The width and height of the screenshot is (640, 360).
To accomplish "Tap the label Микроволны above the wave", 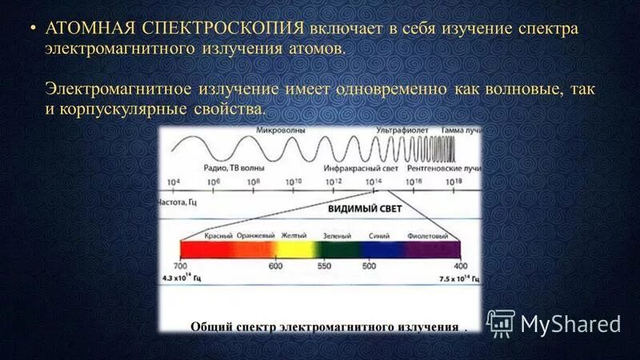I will point(282,129).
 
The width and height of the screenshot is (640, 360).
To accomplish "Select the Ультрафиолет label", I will point(405,129).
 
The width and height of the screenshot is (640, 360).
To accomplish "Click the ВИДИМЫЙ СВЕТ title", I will point(364,207).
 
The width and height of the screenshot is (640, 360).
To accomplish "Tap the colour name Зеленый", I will point(337,236).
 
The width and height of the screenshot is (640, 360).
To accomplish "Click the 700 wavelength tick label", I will point(180,266).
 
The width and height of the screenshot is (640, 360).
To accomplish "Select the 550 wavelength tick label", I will point(324,266).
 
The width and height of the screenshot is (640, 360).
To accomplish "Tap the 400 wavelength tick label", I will point(459,266).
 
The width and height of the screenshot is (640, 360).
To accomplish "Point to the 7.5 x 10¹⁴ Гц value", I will point(460,279).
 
